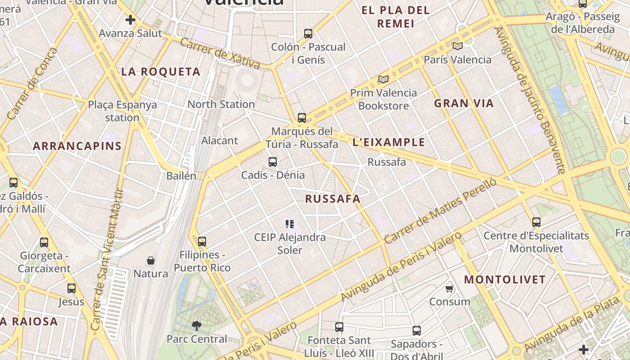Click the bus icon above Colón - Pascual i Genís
[308, 33]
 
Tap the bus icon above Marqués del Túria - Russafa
[302, 118]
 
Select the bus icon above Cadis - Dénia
[273, 162]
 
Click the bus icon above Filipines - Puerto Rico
[202, 242]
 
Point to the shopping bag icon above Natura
[151, 261]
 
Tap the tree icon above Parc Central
[197, 325]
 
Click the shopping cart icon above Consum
[449, 288]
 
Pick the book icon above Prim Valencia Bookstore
[383, 80]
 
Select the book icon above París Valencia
[458, 46]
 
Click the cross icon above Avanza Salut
[130, 20]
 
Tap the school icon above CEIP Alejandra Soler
[290, 224]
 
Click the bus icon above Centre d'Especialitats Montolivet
[536, 222]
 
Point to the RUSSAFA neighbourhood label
[333, 198]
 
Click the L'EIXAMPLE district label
[389, 142]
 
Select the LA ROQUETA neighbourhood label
[161, 72]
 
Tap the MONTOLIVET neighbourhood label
[505, 279]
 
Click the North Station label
[221, 104]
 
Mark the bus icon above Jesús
[72, 288]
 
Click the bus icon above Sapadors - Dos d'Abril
[417, 331]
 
